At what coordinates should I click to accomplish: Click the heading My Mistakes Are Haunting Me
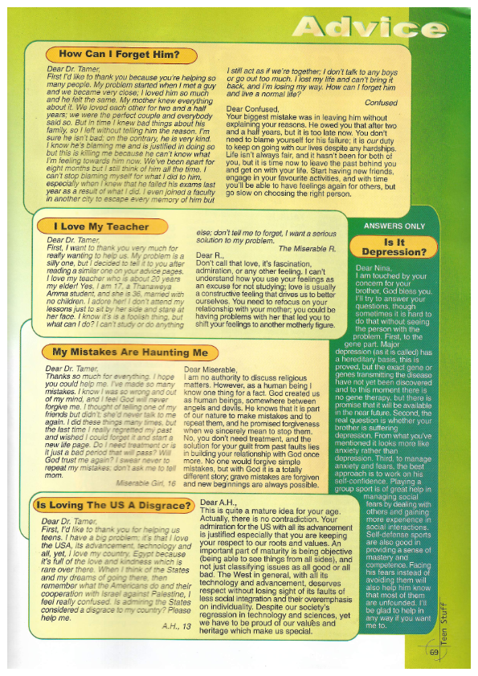point(129,352)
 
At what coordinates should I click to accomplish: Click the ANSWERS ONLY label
point(394,226)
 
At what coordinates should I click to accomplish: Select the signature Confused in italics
point(380,103)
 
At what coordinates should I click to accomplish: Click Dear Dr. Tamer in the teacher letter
point(75,240)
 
